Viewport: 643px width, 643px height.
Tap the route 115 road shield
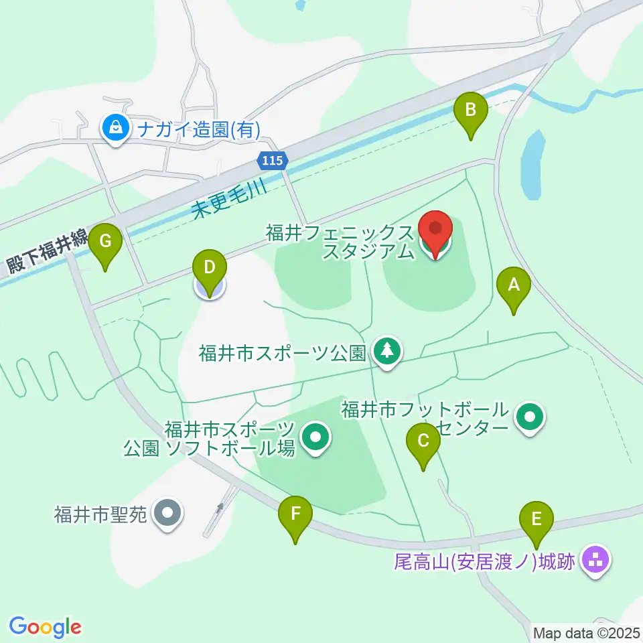[273, 161]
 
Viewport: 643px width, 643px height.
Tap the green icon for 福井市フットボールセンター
[530, 418]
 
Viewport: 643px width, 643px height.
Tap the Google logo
[45, 626]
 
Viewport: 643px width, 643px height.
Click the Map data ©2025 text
[587, 632]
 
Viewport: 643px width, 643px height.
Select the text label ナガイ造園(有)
[198, 129]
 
